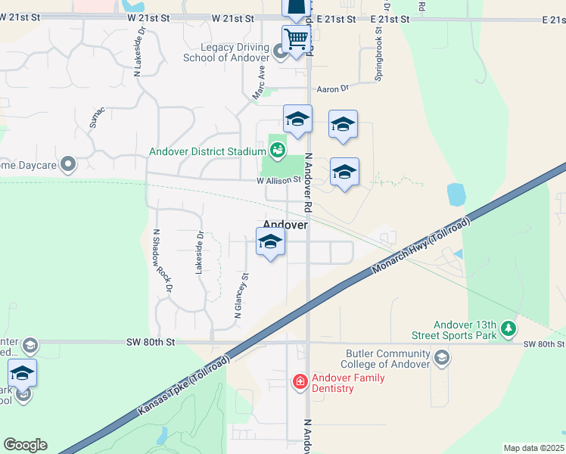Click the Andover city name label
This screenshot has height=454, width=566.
(285, 225)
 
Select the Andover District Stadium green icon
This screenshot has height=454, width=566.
(278, 151)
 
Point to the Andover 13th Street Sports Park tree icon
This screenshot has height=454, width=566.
(509, 328)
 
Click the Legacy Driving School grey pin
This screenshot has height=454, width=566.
(280, 51)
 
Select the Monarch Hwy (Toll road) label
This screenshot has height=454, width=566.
(422, 249)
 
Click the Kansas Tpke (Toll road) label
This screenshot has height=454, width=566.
(184, 387)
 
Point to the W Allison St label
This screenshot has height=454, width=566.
(278, 180)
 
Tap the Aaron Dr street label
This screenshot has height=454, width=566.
(332, 89)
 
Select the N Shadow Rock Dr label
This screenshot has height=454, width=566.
(163, 261)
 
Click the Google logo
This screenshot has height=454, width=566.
(25, 445)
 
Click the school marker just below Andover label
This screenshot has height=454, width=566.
(270, 243)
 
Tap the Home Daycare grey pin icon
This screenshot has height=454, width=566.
(68, 163)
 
